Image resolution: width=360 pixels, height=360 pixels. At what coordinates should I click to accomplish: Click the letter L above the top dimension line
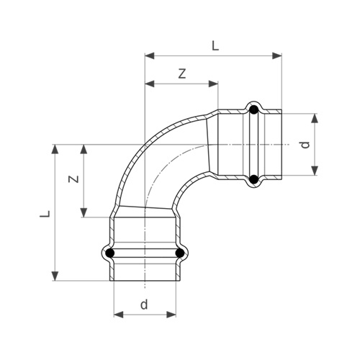click(x=215, y=46)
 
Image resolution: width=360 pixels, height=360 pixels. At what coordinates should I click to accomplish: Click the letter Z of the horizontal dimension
click(x=182, y=74)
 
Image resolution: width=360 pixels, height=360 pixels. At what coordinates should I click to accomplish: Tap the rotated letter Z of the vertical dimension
click(x=73, y=179)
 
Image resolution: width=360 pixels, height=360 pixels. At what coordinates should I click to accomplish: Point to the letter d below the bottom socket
click(x=144, y=304)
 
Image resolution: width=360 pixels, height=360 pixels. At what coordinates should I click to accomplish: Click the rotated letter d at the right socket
click(x=305, y=145)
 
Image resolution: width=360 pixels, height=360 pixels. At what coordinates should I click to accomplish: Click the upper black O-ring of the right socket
click(x=253, y=110)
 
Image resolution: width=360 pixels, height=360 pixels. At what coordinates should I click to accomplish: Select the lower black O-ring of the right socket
click(x=253, y=179)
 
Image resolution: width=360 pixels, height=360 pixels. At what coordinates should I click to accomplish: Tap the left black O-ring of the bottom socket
click(x=110, y=253)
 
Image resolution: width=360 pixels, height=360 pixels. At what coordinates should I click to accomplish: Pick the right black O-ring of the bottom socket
click(x=179, y=253)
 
